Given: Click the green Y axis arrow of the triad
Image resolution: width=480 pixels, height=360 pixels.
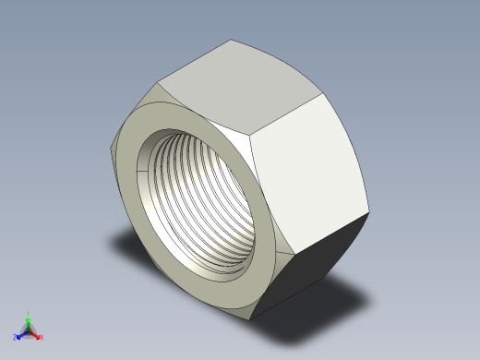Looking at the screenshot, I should point(28,318).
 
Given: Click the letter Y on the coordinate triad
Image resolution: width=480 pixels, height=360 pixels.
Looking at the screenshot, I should point(29,313).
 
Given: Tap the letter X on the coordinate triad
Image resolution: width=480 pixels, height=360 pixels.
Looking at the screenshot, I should point(42,338).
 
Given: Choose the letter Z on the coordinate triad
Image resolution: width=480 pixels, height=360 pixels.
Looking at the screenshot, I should point(15,338).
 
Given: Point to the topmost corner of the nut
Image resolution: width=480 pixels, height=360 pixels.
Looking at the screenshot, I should point(232,40).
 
